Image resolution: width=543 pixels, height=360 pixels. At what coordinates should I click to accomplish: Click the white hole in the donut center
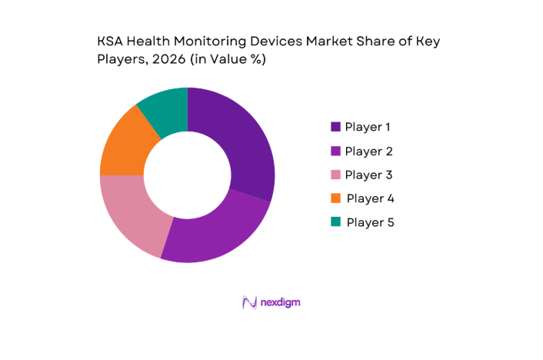pyautogui.click(x=187, y=175)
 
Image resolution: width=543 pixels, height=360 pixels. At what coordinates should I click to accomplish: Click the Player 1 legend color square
pyautogui.click(x=335, y=127)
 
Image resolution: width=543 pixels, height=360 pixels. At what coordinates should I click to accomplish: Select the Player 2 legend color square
pyautogui.click(x=335, y=151)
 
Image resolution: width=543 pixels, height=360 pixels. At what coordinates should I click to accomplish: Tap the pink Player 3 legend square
pyautogui.click(x=335, y=175)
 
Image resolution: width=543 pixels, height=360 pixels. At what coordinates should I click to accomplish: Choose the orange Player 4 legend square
pyautogui.click(x=335, y=198)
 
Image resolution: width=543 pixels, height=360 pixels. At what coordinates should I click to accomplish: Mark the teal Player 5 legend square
pyautogui.click(x=335, y=222)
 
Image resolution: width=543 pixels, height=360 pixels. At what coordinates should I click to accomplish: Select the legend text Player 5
pyautogui.click(x=372, y=222)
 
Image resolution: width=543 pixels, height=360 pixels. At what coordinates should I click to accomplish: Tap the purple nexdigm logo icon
pyautogui.click(x=248, y=302)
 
